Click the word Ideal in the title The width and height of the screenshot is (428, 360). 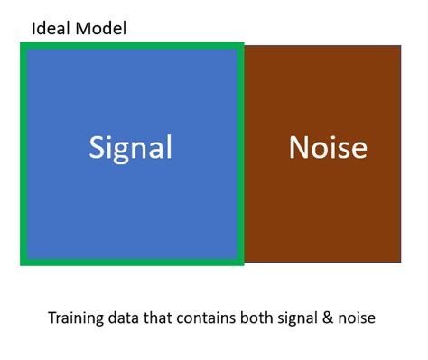tap(51, 28)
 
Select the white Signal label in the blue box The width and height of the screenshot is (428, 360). tap(130, 147)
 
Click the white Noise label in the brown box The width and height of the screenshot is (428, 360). tap(328, 147)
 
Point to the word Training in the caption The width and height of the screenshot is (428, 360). tap(75, 318)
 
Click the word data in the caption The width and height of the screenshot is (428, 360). tap(124, 318)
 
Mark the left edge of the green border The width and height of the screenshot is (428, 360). tap(23, 153)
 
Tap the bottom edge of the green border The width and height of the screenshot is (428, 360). tap(132, 263)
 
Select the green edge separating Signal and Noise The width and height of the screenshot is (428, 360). tap(241, 153)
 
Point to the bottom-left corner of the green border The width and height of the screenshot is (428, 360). tap(23, 263)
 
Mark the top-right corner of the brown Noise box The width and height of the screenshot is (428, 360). tap(400, 44)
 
